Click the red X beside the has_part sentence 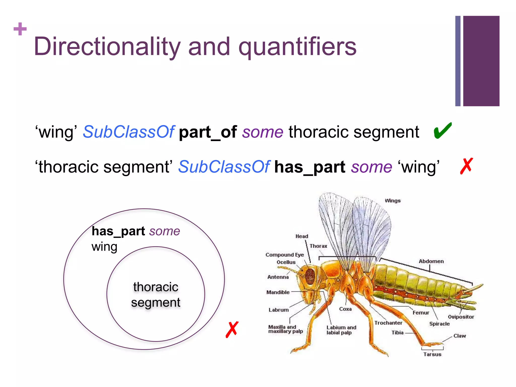[466, 166]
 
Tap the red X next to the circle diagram [232, 330]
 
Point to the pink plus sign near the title [20, 29]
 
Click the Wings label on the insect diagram [393, 201]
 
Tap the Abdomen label [431, 261]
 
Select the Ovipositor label [461, 317]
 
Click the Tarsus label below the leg [432, 354]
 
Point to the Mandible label [278, 292]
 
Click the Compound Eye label [285, 255]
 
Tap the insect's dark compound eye [310, 276]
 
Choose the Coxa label [345, 309]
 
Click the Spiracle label [439, 324]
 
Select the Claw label [460, 336]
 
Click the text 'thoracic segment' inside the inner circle [156, 295]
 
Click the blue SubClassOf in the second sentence [224, 167]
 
